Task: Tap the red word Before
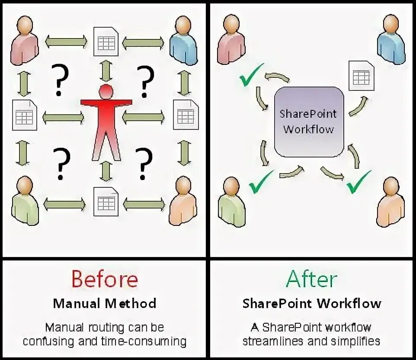(105, 279)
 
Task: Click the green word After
(311, 279)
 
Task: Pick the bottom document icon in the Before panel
(106, 201)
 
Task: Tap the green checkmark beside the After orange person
(359, 182)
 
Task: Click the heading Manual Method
(105, 303)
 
